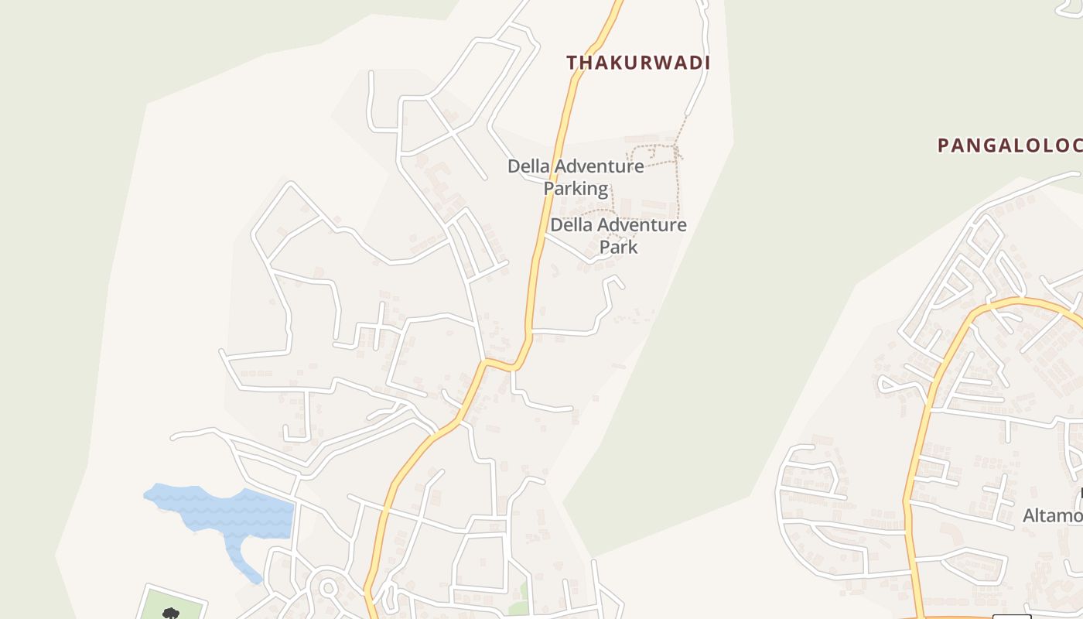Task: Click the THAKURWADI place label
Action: (x=637, y=63)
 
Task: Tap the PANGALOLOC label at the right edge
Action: (x=1009, y=145)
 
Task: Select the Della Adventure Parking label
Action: (x=576, y=177)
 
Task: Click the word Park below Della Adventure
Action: (x=619, y=248)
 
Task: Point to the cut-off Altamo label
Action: (x=1052, y=515)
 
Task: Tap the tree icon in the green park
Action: (x=171, y=614)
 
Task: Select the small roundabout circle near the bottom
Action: (x=327, y=588)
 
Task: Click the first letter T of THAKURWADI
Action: (x=572, y=63)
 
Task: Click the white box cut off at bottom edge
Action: (x=1012, y=616)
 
